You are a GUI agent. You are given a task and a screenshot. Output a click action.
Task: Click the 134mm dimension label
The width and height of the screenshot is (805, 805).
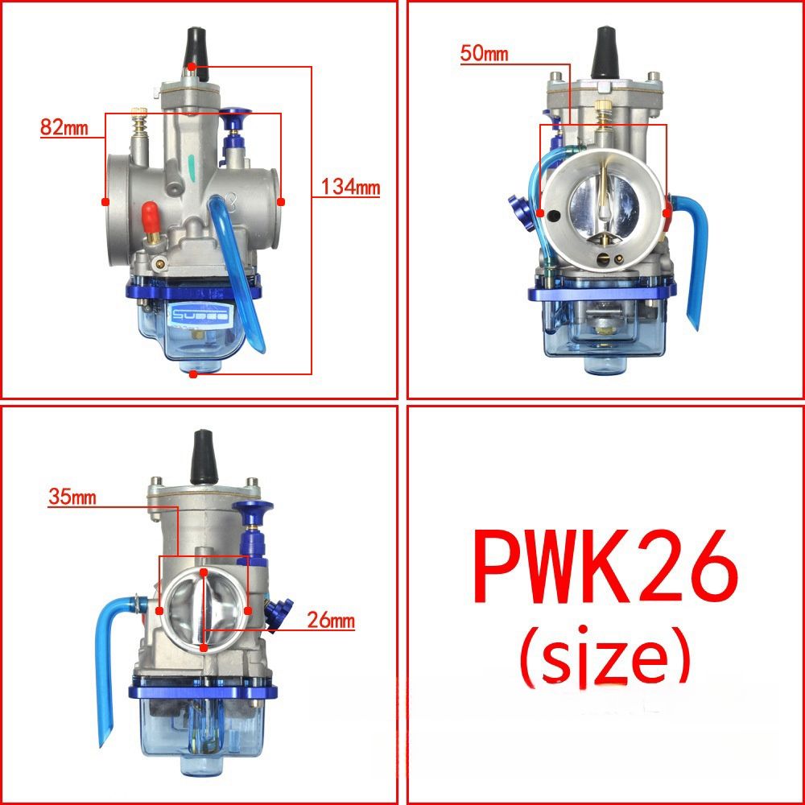pyautogui.click(x=350, y=188)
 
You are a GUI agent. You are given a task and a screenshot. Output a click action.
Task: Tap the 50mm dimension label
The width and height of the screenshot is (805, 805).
pyautogui.click(x=485, y=54)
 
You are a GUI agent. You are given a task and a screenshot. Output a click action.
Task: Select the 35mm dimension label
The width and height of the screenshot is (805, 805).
pyautogui.click(x=72, y=497)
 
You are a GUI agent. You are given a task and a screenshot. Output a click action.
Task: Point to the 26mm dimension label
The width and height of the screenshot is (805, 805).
pyautogui.click(x=330, y=621)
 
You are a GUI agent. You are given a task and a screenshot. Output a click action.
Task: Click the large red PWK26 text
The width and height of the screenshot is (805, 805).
pyautogui.click(x=605, y=567)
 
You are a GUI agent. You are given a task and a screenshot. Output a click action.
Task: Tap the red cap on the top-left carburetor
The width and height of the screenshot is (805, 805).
pyautogui.click(x=148, y=217)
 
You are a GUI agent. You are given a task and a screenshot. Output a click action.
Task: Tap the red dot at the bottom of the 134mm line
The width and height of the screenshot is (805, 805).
pyautogui.click(x=192, y=374)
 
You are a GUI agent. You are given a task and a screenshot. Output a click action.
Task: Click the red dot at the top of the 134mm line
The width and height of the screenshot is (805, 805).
pyautogui.click(x=192, y=66)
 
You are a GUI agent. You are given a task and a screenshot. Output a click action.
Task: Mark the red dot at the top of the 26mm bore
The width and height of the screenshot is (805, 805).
pyautogui.click(x=204, y=572)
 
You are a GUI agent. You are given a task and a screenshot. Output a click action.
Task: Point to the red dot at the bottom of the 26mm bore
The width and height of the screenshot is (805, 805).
pyautogui.click(x=204, y=646)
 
